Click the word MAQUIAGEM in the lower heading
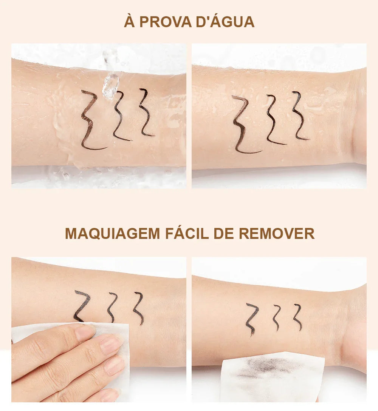point(112,234)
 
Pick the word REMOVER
point(277,234)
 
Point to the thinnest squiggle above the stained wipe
point(298,317)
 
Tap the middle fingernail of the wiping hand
point(112,343)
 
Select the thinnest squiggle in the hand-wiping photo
point(140,308)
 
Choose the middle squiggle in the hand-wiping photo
point(112,306)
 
